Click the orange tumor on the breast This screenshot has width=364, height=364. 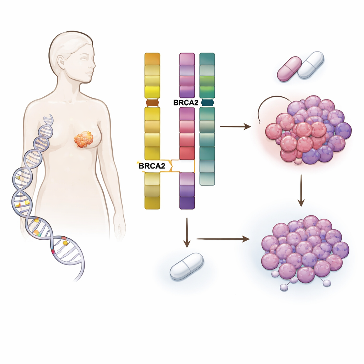click(84, 139)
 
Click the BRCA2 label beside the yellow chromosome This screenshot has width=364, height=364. click(152, 166)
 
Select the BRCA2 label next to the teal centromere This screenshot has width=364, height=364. click(186, 103)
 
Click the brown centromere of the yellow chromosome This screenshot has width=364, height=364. click(152, 103)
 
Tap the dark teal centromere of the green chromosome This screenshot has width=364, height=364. click(207, 103)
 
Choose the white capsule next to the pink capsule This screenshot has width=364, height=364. click(311, 65)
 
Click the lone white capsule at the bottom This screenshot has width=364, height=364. click(187, 266)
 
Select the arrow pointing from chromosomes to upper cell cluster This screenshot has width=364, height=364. click(235, 127)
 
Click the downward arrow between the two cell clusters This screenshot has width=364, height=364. click(301, 191)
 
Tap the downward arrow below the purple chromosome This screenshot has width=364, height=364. click(187, 232)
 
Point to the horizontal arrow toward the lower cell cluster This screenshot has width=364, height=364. click(223, 239)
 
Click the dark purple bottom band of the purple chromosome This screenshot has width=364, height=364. click(187, 203)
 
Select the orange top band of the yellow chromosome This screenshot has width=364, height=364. click(152, 59)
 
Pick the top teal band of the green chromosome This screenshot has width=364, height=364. click(207, 59)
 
